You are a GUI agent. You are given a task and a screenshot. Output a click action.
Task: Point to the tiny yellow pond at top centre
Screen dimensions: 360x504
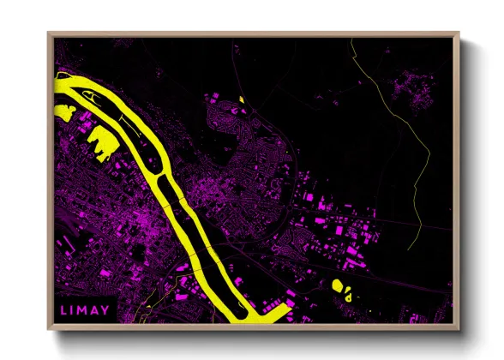242,100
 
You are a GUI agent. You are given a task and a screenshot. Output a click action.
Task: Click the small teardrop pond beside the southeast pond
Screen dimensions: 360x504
349,296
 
